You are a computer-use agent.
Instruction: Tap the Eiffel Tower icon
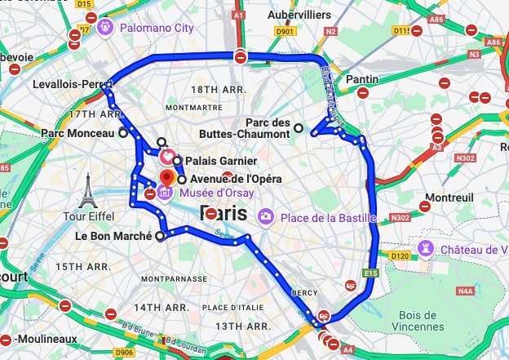tap(87, 190)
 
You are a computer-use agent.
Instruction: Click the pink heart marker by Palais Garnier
tap(166, 155)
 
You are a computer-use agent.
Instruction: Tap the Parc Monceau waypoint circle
tap(122, 132)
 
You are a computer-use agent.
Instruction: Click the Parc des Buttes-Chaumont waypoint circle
tap(299, 127)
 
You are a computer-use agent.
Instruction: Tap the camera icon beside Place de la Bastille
tap(265, 217)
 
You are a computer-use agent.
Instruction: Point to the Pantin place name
tap(361, 79)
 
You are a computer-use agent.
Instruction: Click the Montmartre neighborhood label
tap(193, 107)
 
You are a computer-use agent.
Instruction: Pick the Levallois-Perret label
tap(70, 84)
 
